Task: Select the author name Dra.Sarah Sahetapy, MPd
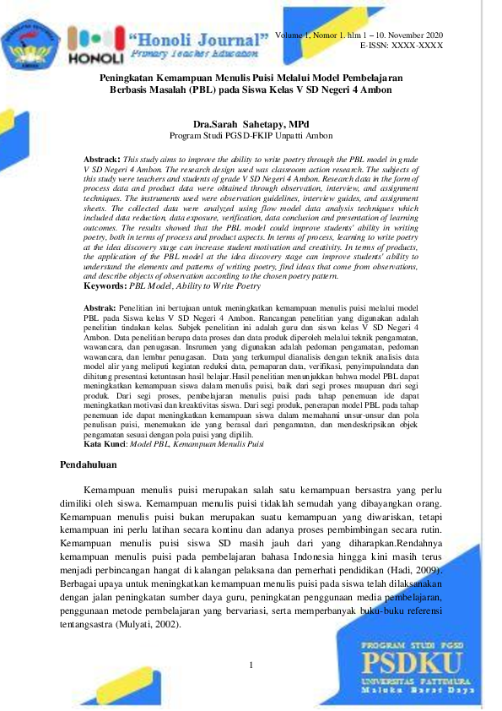[x=251, y=123]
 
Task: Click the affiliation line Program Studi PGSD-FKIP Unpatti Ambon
[x=251, y=135]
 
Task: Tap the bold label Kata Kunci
[x=105, y=443]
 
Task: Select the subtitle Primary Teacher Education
[x=194, y=52]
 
